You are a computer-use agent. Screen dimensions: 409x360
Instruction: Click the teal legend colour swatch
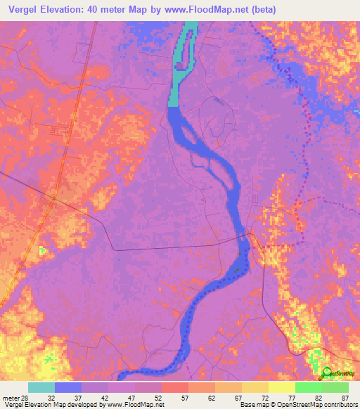pyautogui.click(x=41, y=387)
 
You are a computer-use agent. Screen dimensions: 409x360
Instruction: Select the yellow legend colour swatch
pyautogui.click(x=281, y=387)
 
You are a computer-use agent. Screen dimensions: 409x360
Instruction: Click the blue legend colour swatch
pyautogui.click(x=68, y=387)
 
